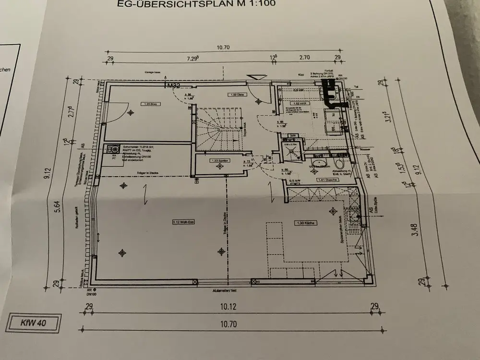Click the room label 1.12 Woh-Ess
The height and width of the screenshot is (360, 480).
coord(182,222)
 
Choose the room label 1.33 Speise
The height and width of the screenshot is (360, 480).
coord(219,161)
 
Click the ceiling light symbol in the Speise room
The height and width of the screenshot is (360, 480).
coord(220,167)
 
